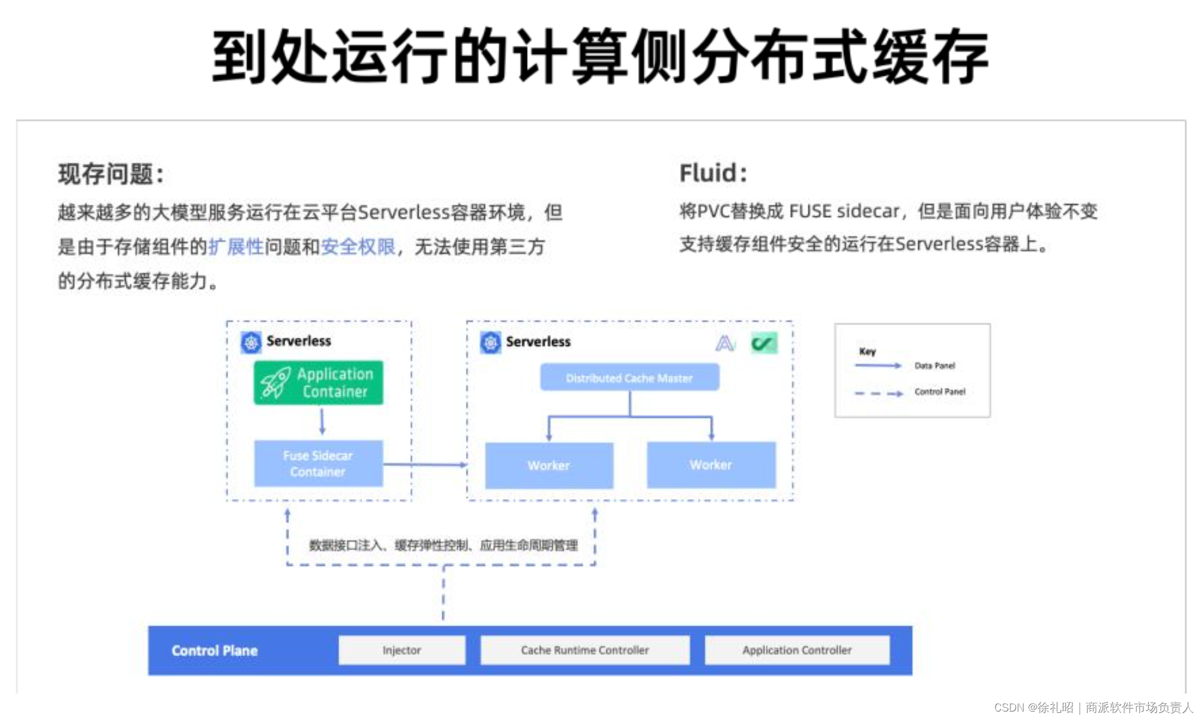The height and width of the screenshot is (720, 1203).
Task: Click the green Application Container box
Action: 318,383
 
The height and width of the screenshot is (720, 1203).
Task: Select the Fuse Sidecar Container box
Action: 318,464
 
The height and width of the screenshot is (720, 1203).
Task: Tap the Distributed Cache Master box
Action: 629,377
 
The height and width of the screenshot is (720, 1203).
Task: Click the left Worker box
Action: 549,465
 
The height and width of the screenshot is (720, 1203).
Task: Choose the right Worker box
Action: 711,465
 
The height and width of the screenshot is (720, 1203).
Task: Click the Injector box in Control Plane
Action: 402,650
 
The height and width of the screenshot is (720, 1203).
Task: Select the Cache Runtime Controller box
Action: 585,650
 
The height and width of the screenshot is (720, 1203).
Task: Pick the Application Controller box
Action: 797,650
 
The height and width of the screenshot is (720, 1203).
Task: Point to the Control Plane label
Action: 215,651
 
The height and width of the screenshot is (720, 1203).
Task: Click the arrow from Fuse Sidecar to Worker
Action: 425,465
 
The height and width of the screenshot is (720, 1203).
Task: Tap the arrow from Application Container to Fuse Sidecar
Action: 322,421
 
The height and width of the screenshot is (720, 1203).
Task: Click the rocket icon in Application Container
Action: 275,383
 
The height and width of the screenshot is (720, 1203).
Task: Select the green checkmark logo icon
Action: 764,343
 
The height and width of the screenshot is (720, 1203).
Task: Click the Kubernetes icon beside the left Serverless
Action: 251,342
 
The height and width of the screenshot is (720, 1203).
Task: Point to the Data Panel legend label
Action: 934,365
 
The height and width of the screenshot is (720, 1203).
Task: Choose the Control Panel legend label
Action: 940,392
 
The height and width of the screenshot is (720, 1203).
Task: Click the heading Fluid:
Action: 713,173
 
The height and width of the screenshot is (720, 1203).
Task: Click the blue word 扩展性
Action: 236,247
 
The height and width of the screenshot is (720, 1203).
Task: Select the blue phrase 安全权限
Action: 358,247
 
